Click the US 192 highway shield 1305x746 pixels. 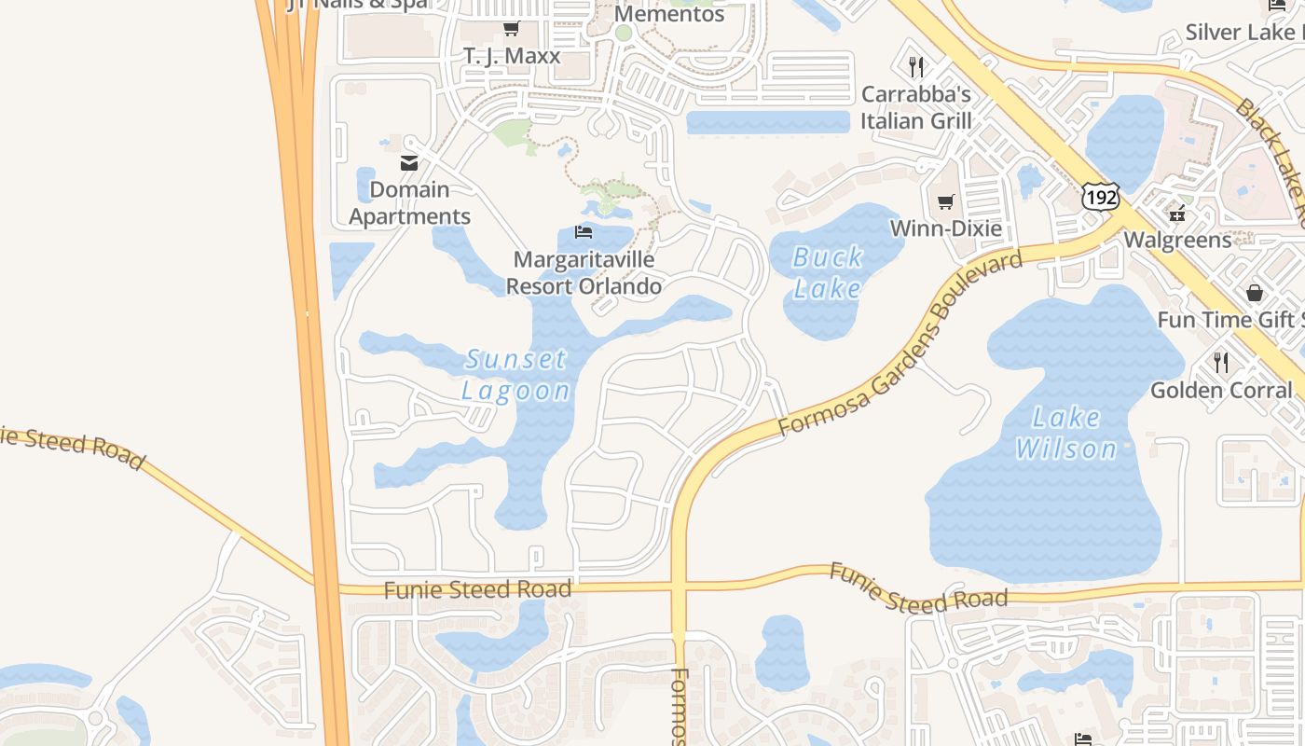coord(1100,196)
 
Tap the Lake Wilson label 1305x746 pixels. coord(1066,434)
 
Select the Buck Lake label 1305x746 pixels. coord(828,272)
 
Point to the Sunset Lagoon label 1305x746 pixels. coord(516,375)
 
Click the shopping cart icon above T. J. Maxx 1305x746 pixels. coord(511,29)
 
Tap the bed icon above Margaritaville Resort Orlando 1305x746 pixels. coord(584,231)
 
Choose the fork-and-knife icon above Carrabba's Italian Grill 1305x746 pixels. coord(916,66)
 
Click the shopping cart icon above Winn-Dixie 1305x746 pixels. coord(946,201)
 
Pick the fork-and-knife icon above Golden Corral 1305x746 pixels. coord(1220,362)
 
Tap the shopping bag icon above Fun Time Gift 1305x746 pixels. coord(1255,293)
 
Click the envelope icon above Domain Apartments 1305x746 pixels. coord(409,163)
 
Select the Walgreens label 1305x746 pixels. coord(1177,240)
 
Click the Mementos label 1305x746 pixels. coord(669,14)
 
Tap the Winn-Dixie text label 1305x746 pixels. coord(946,228)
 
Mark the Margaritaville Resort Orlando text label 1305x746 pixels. coord(584,272)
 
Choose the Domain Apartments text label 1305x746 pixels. coord(409,203)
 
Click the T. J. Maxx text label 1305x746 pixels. coord(512,56)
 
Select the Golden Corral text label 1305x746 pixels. coord(1221,390)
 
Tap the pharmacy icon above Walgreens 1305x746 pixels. coord(1177,213)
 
